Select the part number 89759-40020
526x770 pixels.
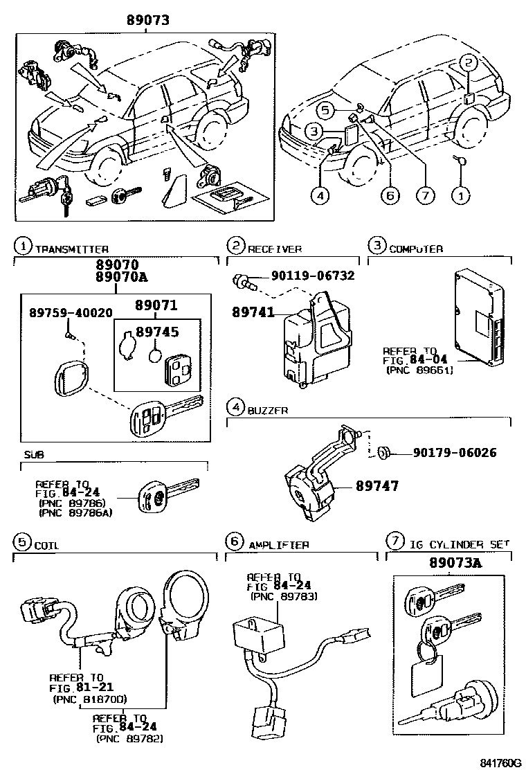coord(71,312)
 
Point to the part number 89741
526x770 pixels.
coord(248,313)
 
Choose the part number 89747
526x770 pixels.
coord(377,487)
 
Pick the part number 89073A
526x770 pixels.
coord(448,562)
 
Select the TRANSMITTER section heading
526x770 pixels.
coord(71,249)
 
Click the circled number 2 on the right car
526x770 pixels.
coord(469,63)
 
